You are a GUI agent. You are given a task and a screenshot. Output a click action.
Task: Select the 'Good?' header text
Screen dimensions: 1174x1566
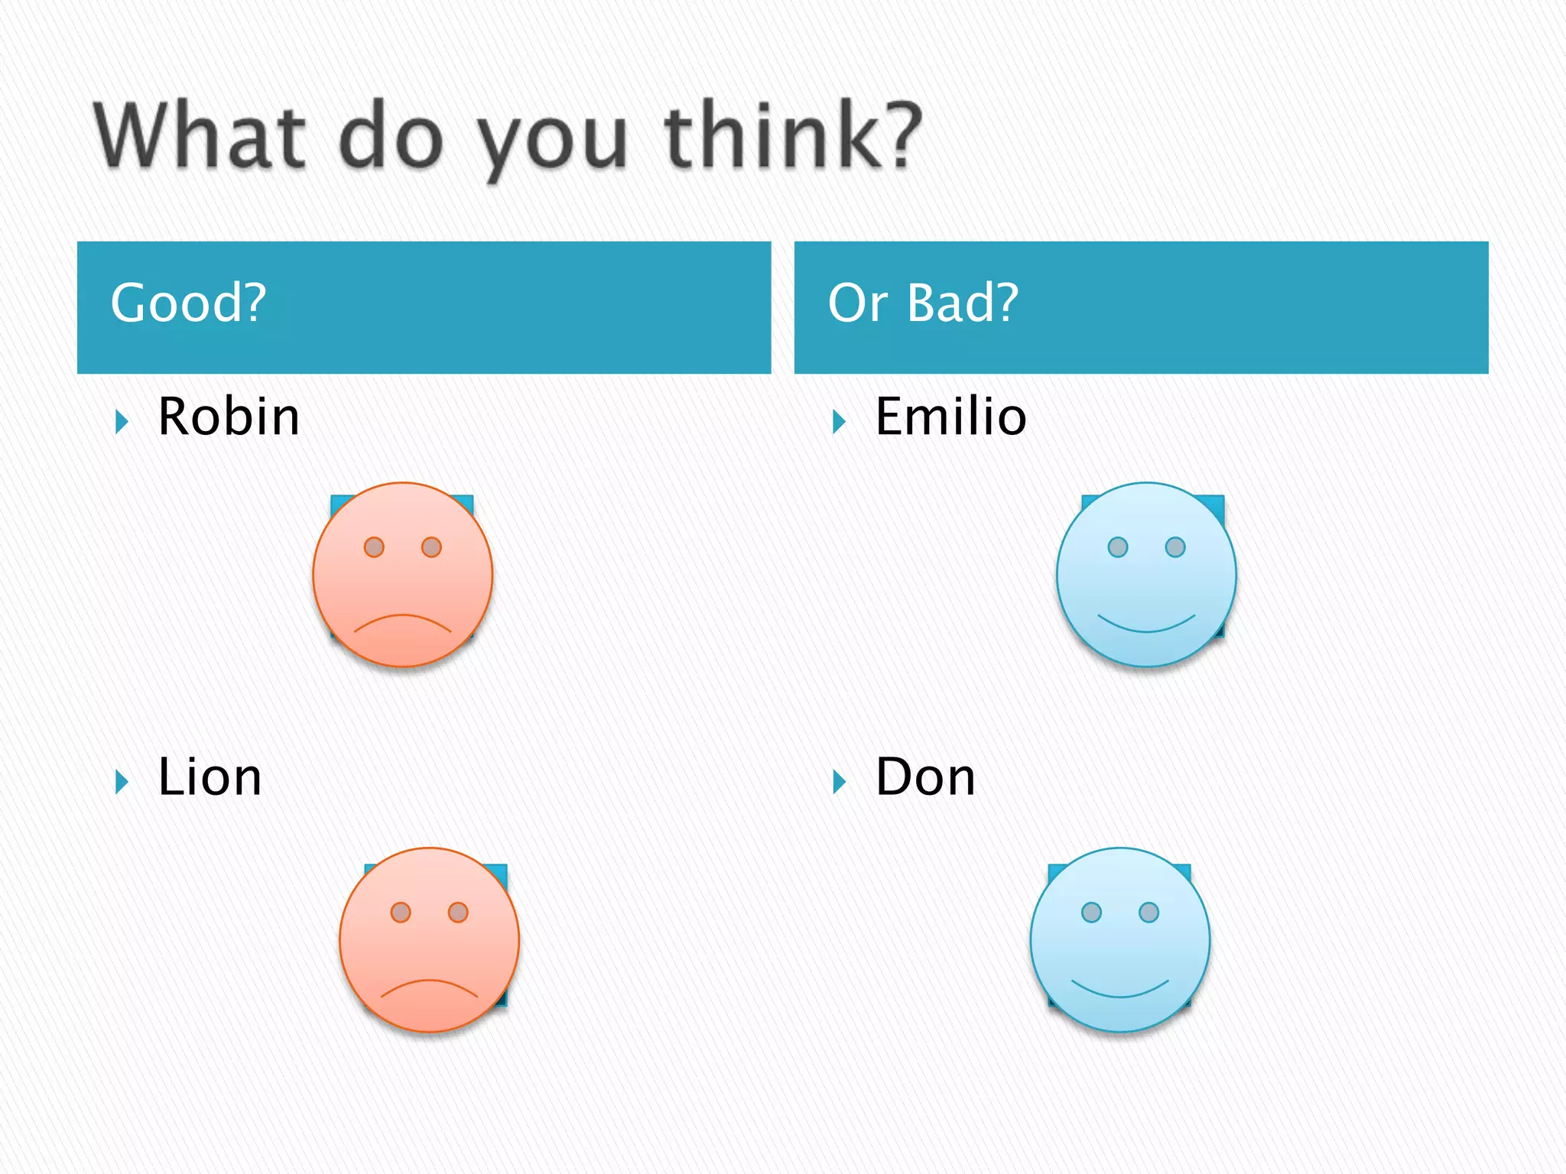click(188, 303)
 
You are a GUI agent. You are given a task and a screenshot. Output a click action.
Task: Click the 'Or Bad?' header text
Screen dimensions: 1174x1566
click(923, 303)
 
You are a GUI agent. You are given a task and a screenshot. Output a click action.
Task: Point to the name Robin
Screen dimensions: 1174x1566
click(229, 417)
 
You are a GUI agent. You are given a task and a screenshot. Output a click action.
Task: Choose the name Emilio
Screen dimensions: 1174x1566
click(950, 417)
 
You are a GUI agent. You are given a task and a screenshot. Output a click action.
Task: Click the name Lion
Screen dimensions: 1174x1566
click(210, 777)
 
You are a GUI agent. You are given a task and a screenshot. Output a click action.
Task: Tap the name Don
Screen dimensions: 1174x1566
click(925, 777)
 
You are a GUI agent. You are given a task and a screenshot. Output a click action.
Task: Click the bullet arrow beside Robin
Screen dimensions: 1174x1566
click(122, 421)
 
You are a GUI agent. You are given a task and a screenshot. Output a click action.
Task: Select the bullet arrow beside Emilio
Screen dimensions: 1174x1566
click(839, 421)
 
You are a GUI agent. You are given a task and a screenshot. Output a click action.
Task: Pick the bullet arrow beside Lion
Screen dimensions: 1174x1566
click(122, 782)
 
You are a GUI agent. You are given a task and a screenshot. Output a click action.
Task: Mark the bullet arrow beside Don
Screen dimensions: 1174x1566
click(839, 782)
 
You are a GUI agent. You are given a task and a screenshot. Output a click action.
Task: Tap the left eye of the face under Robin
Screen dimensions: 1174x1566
click(374, 547)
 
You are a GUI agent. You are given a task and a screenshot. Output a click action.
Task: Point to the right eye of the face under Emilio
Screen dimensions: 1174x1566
click(1175, 547)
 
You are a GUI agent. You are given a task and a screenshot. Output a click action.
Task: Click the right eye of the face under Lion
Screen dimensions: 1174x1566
click(458, 913)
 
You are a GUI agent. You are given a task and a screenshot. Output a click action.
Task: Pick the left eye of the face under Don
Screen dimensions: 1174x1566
click(1092, 913)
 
